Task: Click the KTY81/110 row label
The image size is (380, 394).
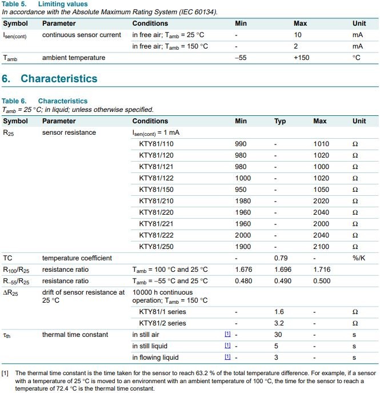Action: tap(157, 144)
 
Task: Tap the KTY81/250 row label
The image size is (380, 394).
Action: tap(157, 247)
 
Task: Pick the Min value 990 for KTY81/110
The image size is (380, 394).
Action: tap(241, 144)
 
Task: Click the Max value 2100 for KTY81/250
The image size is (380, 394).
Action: tap(321, 247)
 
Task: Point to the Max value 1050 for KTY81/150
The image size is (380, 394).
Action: tap(321, 190)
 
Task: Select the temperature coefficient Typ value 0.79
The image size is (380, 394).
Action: tap(280, 258)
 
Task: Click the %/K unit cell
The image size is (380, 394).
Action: tap(358, 258)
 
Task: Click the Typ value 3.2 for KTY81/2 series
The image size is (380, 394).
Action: tap(279, 323)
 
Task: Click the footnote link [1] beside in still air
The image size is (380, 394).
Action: tap(228, 335)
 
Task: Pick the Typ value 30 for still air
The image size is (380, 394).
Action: tap(278, 335)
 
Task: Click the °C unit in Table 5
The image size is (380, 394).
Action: tap(357, 58)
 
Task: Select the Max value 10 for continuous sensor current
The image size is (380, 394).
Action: tap(297, 35)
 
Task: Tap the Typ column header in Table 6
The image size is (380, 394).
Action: tap(280, 121)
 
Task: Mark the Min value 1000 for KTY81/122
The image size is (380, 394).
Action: tap(243, 178)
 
